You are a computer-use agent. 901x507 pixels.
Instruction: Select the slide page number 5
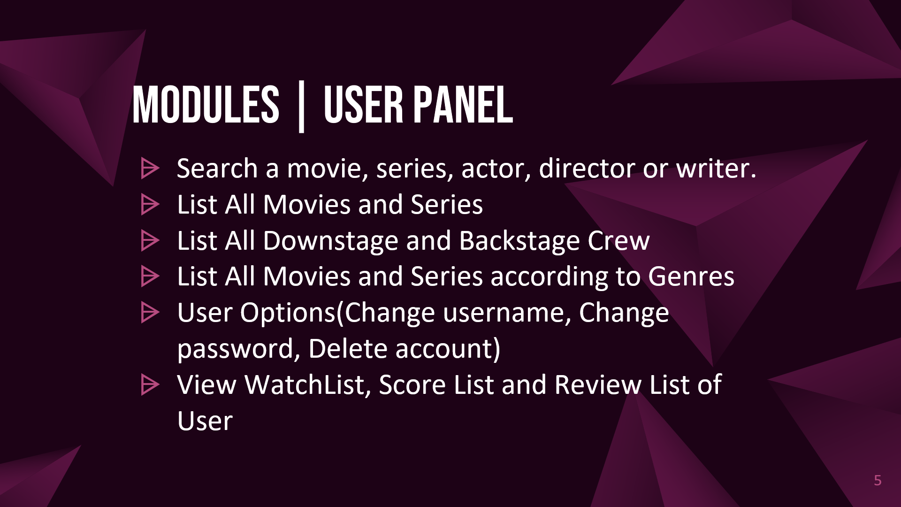[x=878, y=480]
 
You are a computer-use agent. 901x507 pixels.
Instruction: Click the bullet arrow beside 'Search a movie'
[x=150, y=169]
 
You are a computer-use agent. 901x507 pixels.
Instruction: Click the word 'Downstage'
[x=330, y=241]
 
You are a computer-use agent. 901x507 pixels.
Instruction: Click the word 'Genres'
[x=691, y=277]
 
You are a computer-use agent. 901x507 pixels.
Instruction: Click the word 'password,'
[x=238, y=349]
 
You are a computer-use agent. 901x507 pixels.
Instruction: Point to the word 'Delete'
[x=348, y=349]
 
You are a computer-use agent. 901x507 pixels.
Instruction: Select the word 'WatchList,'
[x=308, y=385]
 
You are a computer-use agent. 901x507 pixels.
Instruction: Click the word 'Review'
[x=598, y=385]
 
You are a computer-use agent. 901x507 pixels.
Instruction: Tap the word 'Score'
[x=412, y=385]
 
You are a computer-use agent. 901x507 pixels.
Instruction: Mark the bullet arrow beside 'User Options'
[x=150, y=313]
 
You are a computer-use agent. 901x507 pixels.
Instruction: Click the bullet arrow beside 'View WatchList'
[x=150, y=385]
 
